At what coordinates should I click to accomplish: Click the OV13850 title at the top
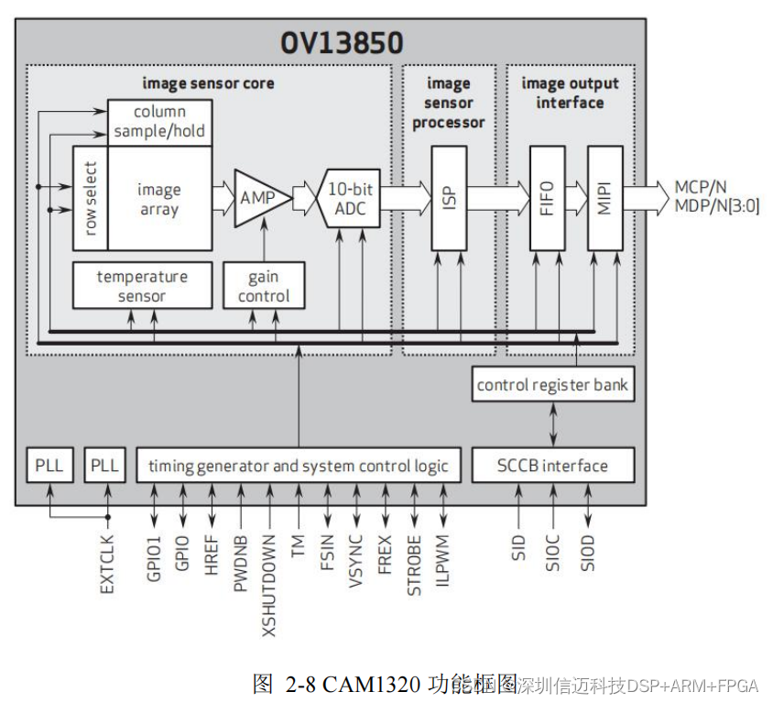click(x=341, y=42)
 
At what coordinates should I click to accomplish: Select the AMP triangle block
click(x=259, y=198)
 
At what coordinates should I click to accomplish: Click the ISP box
click(x=448, y=198)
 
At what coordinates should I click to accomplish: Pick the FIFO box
click(x=547, y=198)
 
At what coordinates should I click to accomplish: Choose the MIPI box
click(x=604, y=198)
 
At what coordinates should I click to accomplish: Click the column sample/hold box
click(x=159, y=122)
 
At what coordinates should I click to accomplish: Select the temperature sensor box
click(x=142, y=286)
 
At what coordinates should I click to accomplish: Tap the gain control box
click(x=263, y=286)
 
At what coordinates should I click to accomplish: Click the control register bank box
click(x=552, y=384)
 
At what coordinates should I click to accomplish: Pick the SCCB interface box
click(x=552, y=466)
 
